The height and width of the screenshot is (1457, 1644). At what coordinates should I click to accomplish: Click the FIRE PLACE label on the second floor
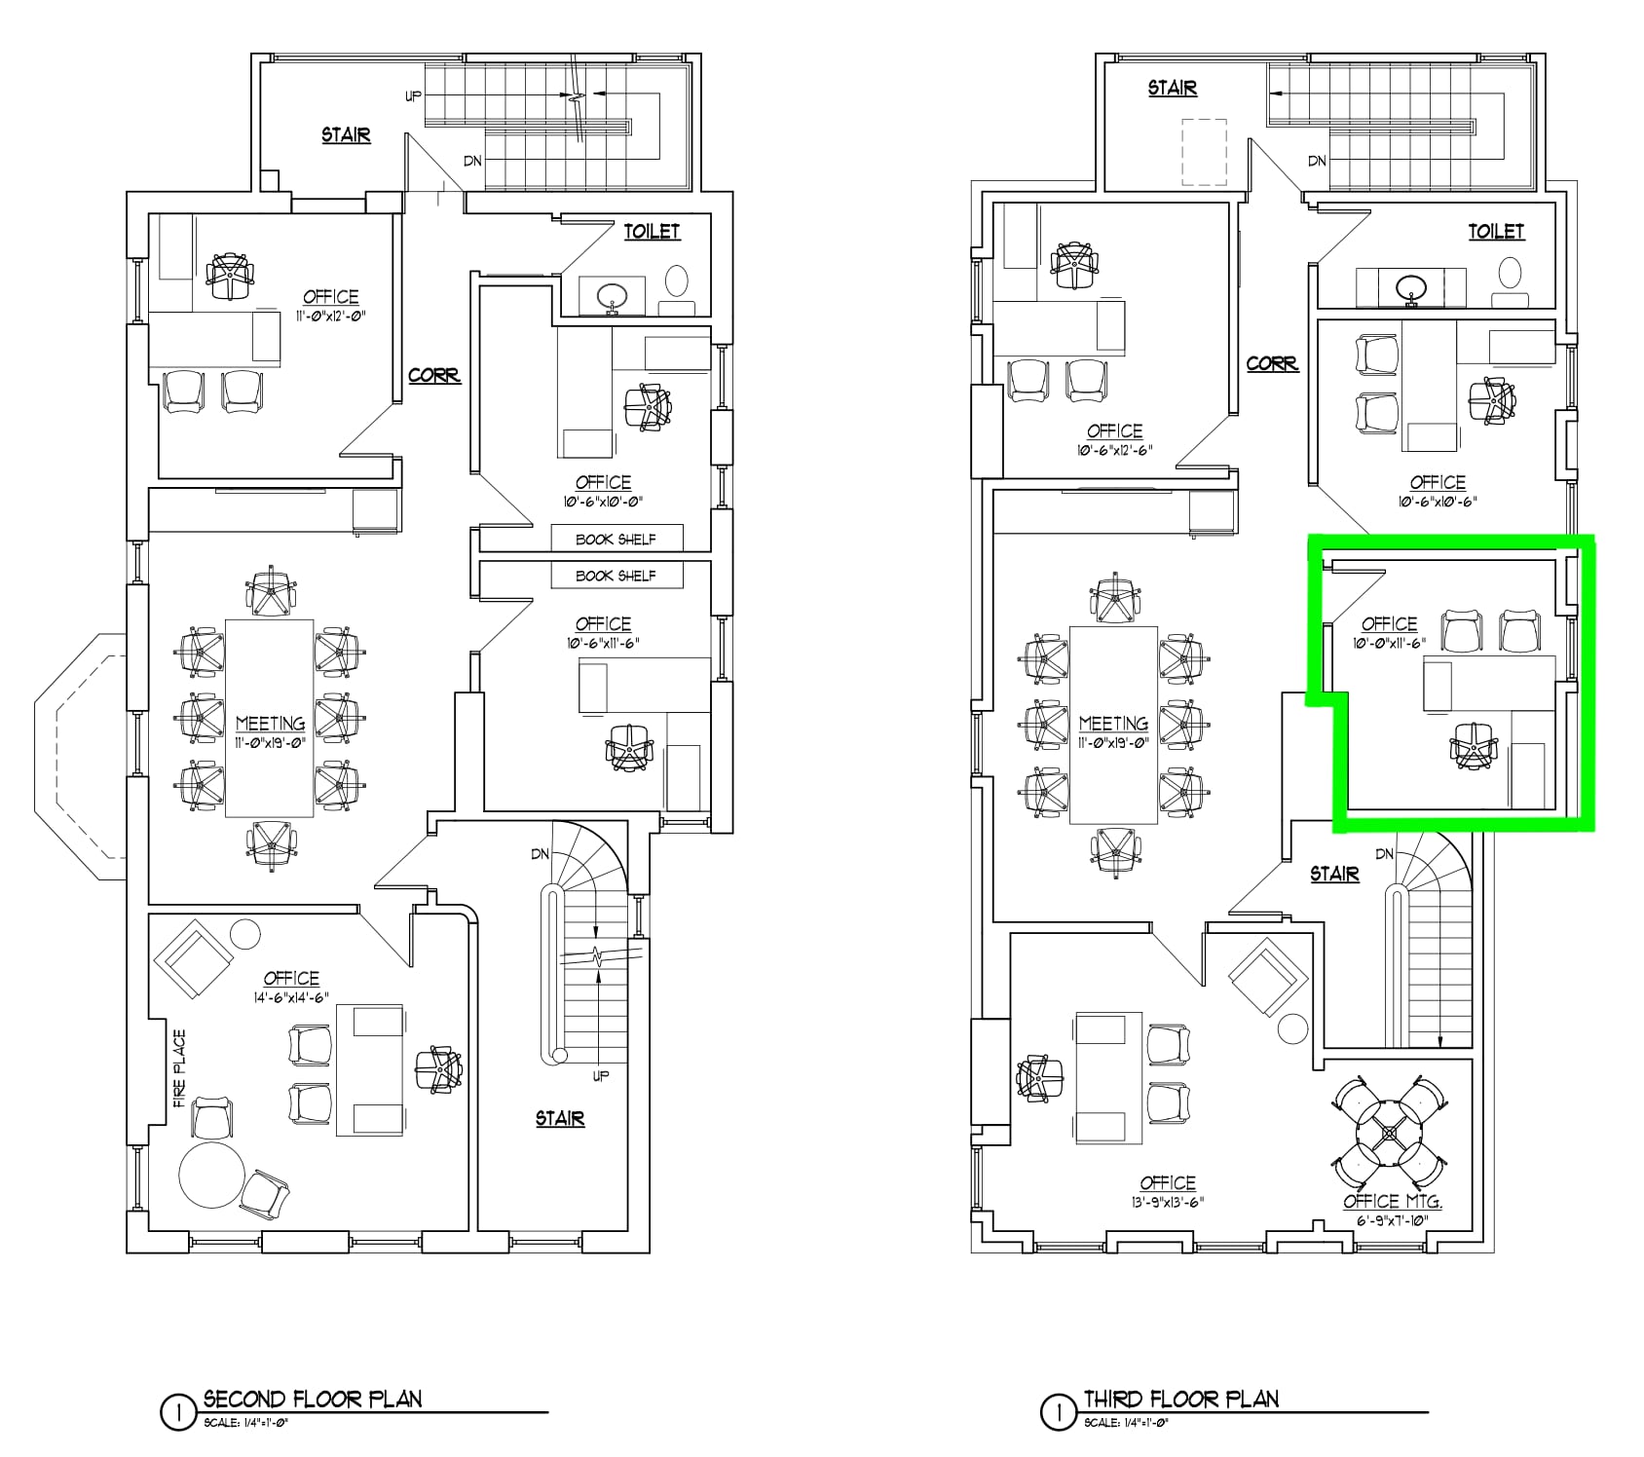click(180, 1069)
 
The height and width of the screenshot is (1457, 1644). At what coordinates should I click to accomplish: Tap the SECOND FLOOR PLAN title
click(313, 1400)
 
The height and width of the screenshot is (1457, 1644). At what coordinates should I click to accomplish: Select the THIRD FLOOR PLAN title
click(1181, 1400)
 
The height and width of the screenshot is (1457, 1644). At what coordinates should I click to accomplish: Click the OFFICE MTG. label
click(1392, 1202)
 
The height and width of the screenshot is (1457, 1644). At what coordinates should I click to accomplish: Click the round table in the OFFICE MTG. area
click(1391, 1133)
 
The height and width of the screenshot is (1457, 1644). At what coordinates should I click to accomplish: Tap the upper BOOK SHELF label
click(616, 539)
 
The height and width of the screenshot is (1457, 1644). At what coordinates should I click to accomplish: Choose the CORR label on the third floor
click(1272, 363)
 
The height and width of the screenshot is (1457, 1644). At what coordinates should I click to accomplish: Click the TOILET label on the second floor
click(652, 231)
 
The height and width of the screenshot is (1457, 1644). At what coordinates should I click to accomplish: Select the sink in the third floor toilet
click(1411, 287)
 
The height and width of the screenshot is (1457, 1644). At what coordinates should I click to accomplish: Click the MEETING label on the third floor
click(1113, 724)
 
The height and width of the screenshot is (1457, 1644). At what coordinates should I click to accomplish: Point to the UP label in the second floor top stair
click(413, 96)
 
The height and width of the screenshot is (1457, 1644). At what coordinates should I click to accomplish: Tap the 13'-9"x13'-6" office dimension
click(1168, 1202)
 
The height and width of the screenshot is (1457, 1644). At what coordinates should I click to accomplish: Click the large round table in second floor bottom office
click(211, 1175)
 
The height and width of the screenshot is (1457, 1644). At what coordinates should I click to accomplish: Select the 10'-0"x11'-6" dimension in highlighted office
click(1389, 643)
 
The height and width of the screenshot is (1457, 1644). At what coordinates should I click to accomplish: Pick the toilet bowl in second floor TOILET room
click(676, 281)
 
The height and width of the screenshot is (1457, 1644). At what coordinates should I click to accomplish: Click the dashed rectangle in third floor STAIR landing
click(1204, 152)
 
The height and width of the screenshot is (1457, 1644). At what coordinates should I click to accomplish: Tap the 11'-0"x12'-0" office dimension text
click(330, 316)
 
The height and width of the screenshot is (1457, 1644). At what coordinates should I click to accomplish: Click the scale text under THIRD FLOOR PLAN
click(1126, 1423)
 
